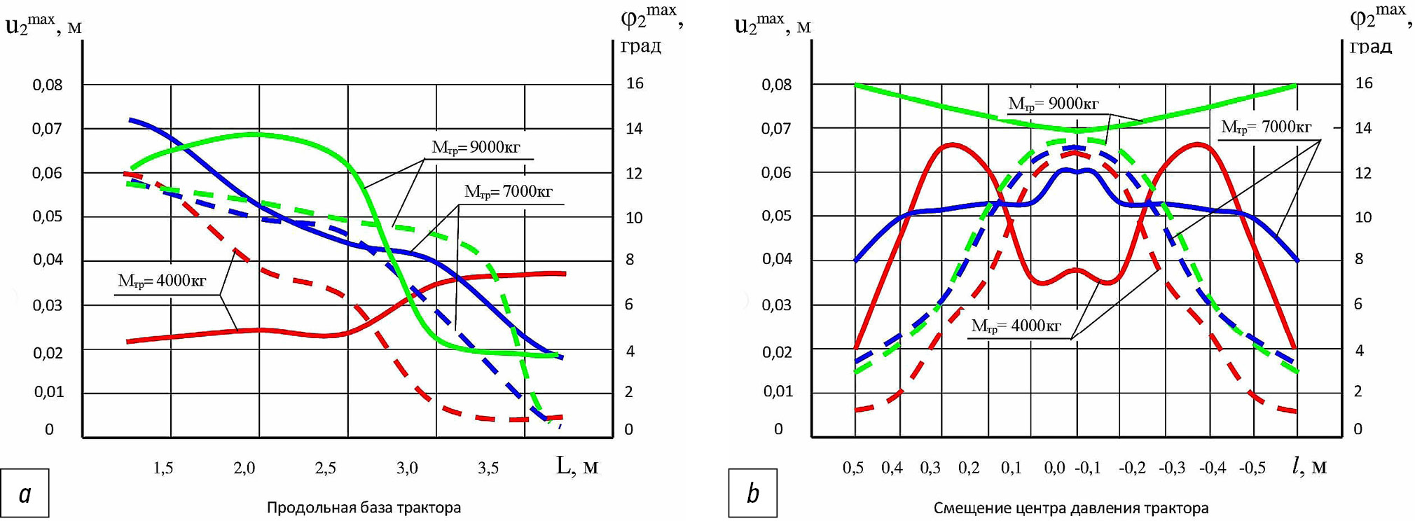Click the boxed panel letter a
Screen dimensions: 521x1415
(x=25, y=494)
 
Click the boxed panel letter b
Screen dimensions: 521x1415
(x=753, y=494)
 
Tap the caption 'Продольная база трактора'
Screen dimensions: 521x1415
(x=364, y=508)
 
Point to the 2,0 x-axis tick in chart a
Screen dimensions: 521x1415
(x=244, y=468)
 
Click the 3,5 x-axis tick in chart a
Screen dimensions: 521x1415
(x=488, y=468)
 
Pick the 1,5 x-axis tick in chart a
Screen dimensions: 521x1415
(x=163, y=468)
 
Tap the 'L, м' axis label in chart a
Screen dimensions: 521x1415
(x=577, y=466)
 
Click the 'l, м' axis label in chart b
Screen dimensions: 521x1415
(x=1309, y=466)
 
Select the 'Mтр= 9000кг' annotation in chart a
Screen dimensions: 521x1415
(x=476, y=148)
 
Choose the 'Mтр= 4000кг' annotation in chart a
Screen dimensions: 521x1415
(x=162, y=282)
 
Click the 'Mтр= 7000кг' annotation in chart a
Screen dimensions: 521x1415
(x=508, y=192)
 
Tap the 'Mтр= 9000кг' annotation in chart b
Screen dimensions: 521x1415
(x=1053, y=104)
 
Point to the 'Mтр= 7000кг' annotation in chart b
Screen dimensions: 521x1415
(x=1266, y=127)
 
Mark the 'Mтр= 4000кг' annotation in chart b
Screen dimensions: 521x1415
(x=1016, y=326)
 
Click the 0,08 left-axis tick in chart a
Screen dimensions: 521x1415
(x=48, y=85)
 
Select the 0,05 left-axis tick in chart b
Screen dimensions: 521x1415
(x=776, y=216)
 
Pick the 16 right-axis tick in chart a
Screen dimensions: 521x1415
(x=635, y=84)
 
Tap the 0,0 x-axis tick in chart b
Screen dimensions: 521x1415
(x=1054, y=468)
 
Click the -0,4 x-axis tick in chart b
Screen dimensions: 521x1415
(x=1212, y=468)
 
